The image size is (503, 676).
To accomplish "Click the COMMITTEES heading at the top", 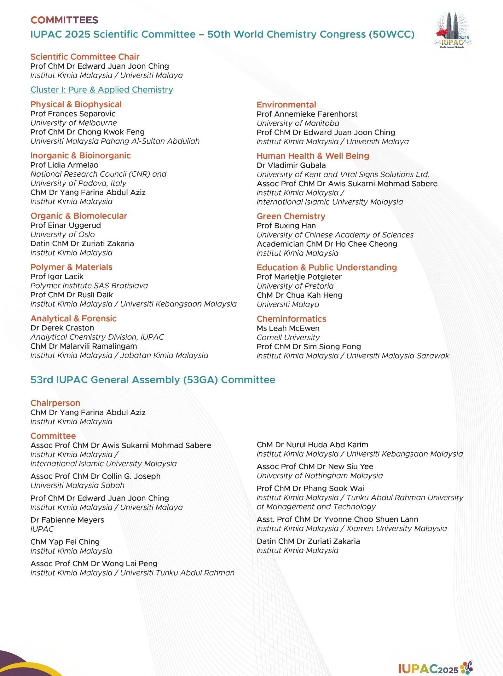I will [64, 20].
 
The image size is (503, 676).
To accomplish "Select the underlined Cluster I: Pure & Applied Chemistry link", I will [101, 90].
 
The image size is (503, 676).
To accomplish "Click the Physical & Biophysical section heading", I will [76, 104].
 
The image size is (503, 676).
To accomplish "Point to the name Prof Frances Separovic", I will [73, 114].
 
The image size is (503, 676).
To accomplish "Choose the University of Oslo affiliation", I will [62, 234].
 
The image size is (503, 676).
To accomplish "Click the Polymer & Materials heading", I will [71, 267].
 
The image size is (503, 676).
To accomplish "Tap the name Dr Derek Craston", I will [62, 328].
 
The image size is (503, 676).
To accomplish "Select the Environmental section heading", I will [286, 105].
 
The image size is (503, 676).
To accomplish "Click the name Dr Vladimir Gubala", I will [291, 165].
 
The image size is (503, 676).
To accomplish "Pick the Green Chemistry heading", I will [291, 216].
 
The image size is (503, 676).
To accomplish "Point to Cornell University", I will [288, 337].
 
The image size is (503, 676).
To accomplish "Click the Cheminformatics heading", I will [291, 319].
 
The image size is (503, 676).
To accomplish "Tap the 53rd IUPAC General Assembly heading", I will [153, 380].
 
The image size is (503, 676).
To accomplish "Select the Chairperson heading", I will [55, 403].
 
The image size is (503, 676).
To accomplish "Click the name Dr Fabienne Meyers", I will [67, 520].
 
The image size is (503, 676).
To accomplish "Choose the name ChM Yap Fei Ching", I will [65, 542].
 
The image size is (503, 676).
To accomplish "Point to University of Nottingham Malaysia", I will [320, 476].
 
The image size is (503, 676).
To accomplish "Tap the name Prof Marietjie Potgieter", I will [299, 277].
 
